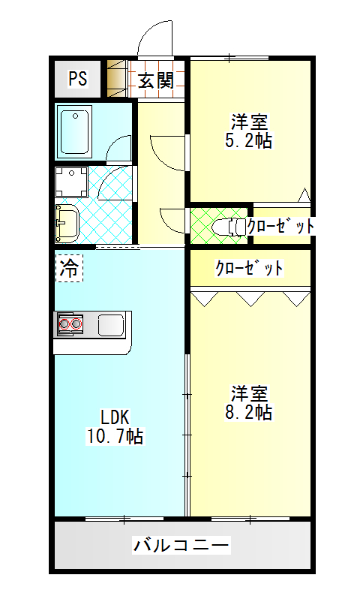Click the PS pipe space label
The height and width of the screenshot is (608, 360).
[78, 78]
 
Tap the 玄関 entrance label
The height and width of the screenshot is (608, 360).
[156, 80]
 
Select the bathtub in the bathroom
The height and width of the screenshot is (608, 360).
[74, 132]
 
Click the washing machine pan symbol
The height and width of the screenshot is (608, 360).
[71, 182]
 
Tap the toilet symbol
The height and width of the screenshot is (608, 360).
[229, 227]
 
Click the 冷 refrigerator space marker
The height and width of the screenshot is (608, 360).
[69, 267]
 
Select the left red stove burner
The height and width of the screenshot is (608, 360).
[64, 324]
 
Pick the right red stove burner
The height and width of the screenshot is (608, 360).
[76, 324]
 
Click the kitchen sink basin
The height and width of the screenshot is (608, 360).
[111, 324]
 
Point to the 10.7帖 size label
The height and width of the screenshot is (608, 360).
[115, 436]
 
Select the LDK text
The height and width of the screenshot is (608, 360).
[115, 417]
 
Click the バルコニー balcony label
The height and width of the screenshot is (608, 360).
[181, 545]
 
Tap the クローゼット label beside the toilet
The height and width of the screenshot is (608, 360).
[280, 226]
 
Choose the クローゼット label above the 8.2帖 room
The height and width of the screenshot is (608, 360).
[249, 268]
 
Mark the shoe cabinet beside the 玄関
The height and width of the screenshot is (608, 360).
[117, 79]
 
